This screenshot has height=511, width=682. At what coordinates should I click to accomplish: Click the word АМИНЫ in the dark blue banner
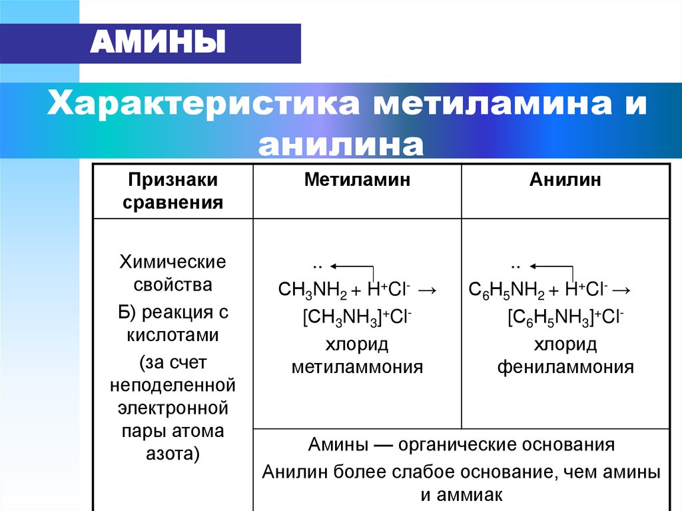click(x=157, y=43)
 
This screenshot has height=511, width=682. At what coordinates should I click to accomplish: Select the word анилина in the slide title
click(x=340, y=144)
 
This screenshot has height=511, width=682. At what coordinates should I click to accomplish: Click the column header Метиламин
click(x=357, y=180)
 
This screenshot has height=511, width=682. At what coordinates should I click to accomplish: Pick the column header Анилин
click(x=565, y=180)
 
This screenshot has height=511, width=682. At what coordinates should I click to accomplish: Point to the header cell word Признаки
click(x=173, y=180)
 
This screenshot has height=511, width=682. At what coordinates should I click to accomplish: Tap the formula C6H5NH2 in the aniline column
click(x=507, y=290)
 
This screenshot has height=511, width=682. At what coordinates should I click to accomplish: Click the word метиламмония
click(x=358, y=367)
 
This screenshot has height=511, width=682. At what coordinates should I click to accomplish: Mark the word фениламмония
click(x=565, y=367)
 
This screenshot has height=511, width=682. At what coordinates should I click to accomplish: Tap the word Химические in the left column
click(x=173, y=262)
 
